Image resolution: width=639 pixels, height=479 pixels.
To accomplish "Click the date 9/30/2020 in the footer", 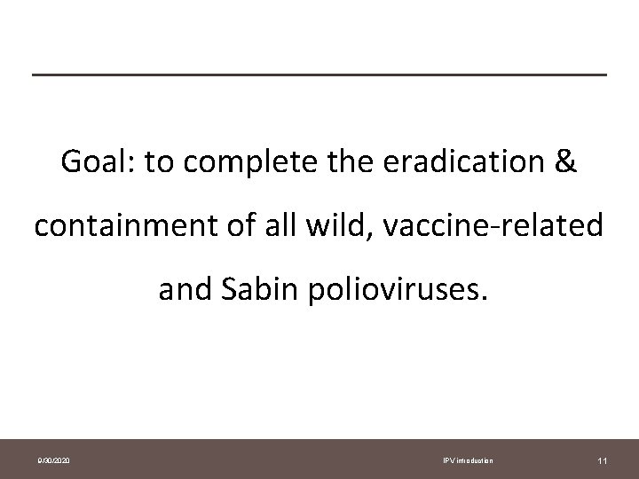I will [55, 461].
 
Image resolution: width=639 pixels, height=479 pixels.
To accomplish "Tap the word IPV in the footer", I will [448, 461].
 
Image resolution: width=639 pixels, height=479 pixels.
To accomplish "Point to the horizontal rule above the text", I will [319, 74].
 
